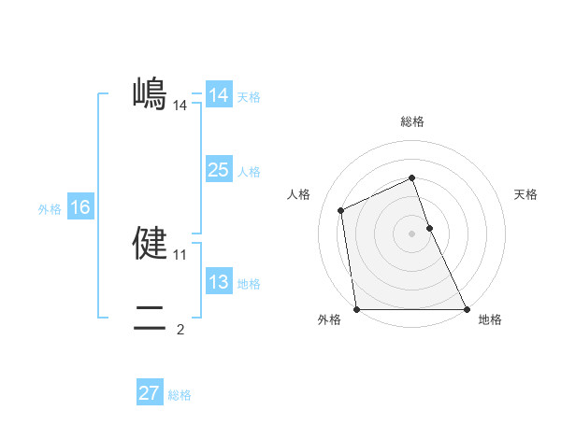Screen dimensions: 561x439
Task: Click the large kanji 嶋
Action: (150, 93)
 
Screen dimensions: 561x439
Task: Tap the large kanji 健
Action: (150, 243)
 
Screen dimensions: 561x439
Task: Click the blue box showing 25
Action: (218, 170)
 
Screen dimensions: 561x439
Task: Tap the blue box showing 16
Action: (80, 207)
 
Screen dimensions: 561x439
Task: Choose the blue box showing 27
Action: (150, 393)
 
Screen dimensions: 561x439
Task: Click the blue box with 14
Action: (218, 95)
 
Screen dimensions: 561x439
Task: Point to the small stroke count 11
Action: (180, 254)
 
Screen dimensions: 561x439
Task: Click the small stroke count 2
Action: (180, 329)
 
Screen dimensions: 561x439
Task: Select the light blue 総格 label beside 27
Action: (180, 395)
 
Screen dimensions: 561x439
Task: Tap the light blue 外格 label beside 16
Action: (50, 209)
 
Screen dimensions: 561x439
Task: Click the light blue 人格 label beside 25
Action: (250, 172)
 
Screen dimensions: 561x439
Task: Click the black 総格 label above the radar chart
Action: (412, 121)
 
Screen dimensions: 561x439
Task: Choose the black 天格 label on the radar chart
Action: (525, 194)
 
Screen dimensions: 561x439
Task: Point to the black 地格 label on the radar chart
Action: (490, 319)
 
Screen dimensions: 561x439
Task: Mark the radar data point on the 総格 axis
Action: (412, 177)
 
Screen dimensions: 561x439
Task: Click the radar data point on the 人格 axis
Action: (341, 210)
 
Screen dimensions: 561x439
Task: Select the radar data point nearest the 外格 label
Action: (357, 309)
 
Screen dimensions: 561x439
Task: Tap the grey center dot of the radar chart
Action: (412, 234)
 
